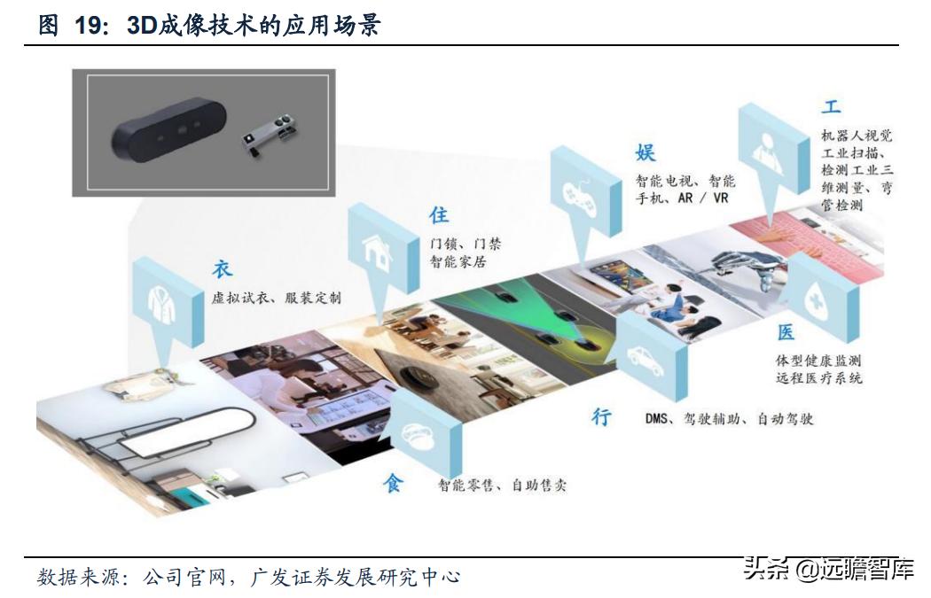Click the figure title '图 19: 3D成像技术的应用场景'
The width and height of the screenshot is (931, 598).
point(209,25)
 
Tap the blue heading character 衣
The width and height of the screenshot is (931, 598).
point(222,269)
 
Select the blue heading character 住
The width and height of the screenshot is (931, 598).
point(439,215)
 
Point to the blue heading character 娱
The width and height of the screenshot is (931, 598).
point(645,152)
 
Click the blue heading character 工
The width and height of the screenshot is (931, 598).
point(831,107)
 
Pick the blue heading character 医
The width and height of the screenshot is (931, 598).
point(786,333)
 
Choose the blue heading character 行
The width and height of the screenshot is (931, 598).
point(602,417)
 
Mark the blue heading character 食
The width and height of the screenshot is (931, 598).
point(393,484)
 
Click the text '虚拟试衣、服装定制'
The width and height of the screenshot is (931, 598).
point(276,298)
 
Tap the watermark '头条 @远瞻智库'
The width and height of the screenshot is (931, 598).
point(828,568)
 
